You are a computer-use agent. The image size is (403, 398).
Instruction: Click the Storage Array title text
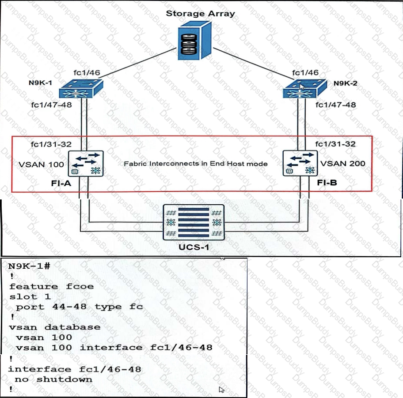pos(200,13)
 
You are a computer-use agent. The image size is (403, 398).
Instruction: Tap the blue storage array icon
pos(194,41)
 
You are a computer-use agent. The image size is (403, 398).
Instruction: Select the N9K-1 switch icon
pos(81,89)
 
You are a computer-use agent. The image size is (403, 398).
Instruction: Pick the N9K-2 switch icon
pos(305,89)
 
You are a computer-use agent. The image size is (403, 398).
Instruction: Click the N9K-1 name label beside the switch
pos(40,83)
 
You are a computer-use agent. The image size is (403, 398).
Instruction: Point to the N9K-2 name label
pos(345,83)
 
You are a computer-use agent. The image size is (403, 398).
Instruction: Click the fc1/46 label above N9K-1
pos(87,73)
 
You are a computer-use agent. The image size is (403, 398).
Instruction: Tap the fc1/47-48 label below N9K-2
pos(335,105)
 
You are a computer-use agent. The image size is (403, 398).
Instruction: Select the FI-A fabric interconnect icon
pos(86,164)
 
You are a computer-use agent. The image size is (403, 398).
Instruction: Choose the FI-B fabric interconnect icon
pos(300,163)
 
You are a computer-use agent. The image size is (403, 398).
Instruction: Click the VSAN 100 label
pos(41,165)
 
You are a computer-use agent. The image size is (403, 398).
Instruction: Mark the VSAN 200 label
pos(342,163)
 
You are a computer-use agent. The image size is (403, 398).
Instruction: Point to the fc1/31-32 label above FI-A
pos(51,144)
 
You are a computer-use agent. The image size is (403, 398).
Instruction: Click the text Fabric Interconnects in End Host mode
pos(196,164)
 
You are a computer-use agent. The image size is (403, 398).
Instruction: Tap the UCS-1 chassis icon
pos(194,222)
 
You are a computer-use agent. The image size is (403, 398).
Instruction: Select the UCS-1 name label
pos(194,247)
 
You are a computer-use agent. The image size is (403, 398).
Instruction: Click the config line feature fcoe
pos(51,286)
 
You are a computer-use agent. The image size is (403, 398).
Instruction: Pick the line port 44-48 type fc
pos(79,307)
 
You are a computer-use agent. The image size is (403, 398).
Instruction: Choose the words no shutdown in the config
pos(53,379)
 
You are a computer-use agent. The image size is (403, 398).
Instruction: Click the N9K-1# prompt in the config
pos(29,266)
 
